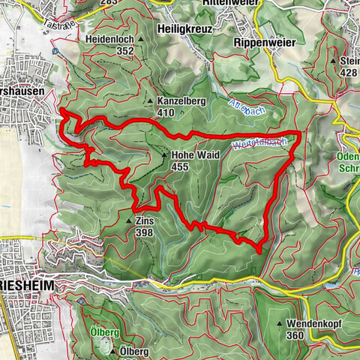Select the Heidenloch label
coord(109,39)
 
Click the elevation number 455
coord(181,168)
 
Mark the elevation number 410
coord(167,112)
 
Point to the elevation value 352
coord(124,51)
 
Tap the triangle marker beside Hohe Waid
coord(165,156)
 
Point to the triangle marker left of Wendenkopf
coord(280,325)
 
